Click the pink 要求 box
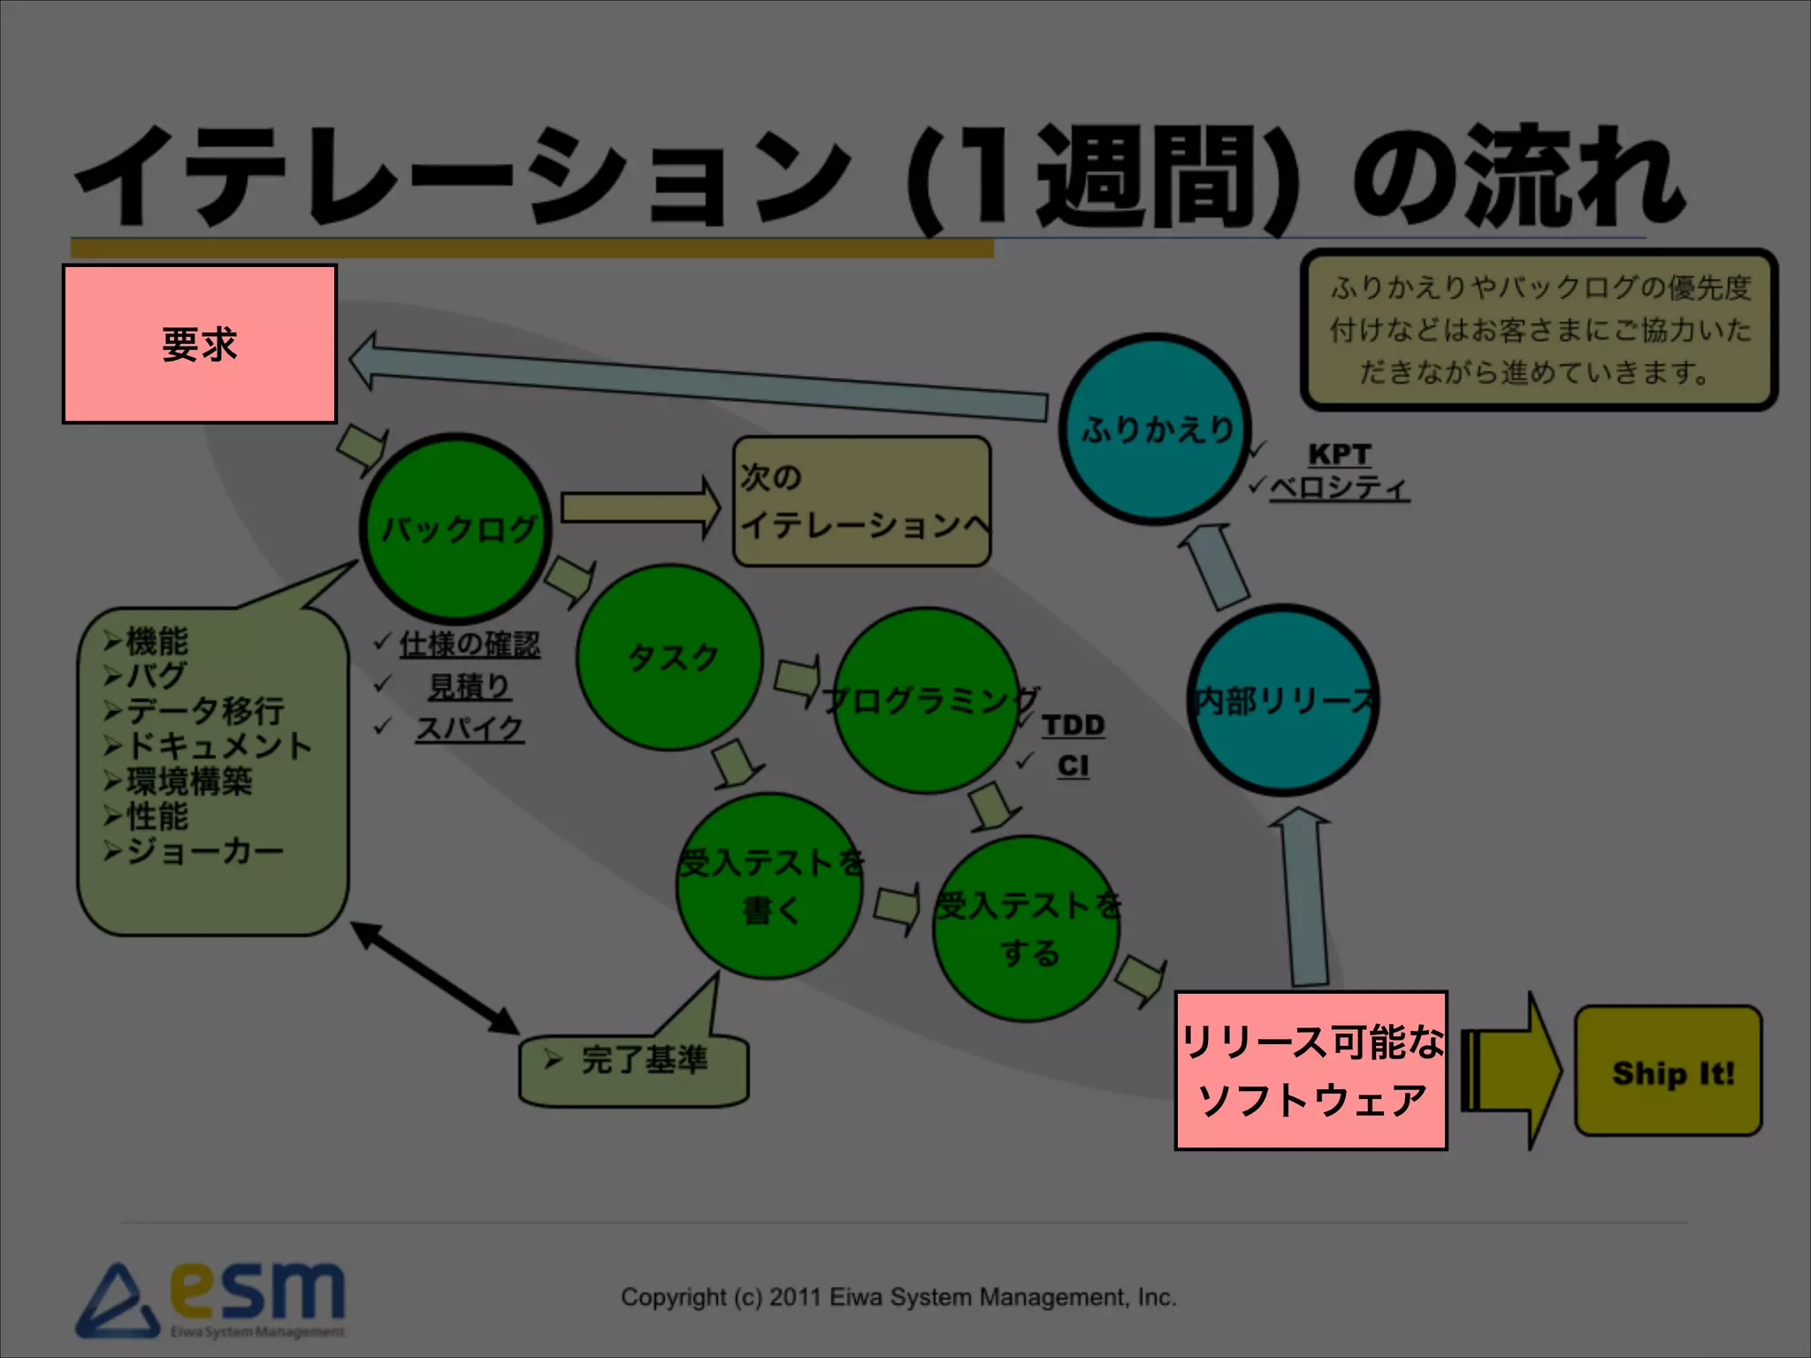coord(200,344)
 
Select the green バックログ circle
coord(456,528)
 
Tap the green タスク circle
coord(669,659)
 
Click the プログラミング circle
coord(926,700)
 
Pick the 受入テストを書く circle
coord(769,886)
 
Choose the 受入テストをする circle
coord(1027,929)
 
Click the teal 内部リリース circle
coord(1282,700)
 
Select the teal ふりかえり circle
coord(1155,429)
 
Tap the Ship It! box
coord(1669,1072)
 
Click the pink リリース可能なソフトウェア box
coord(1310,1071)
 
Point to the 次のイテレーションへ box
coord(861,501)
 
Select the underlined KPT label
coord(1339,454)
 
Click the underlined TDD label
coord(1073,725)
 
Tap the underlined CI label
coord(1073,766)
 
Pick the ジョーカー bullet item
coord(203,851)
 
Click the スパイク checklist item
coord(470,729)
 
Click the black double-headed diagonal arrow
coord(435,978)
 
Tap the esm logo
coord(212,1299)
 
